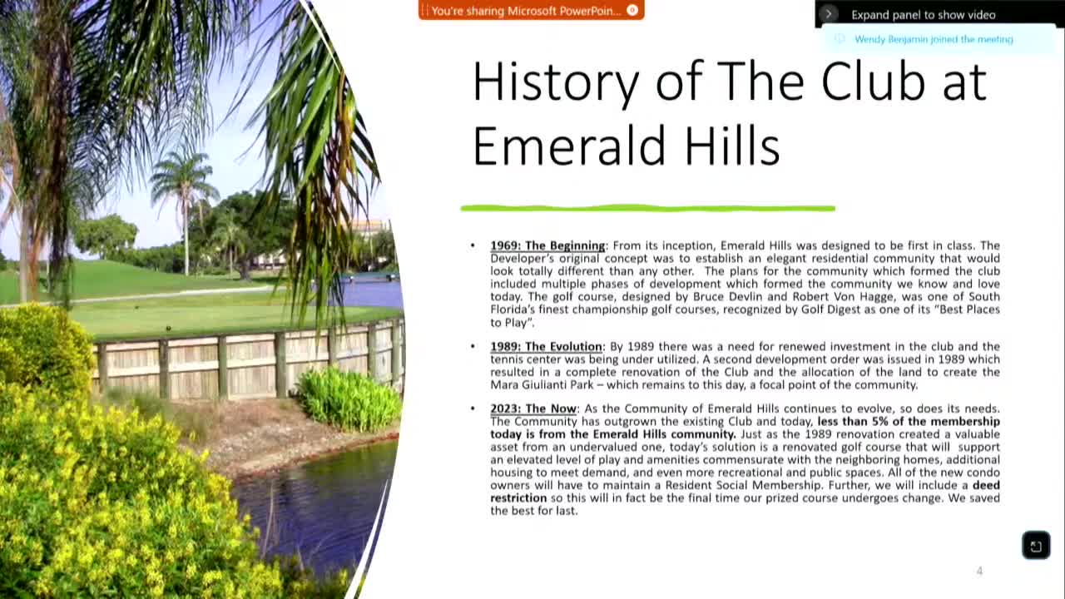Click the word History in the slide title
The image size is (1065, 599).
pyautogui.click(x=555, y=82)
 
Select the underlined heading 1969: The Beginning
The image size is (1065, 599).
pyautogui.click(x=547, y=245)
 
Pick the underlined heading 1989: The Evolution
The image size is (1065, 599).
pyautogui.click(x=546, y=346)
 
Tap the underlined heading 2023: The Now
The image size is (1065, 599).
pyautogui.click(x=532, y=408)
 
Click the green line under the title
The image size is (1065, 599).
pyautogui.click(x=647, y=208)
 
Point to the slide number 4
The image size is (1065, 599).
pyautogui.click(x=979, y=571)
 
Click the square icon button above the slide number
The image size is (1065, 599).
pyautogui.click(x=1036, y=546)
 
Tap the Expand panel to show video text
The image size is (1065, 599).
pyautogui.click(x=923, y=15)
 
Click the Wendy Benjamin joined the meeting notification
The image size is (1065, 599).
pyautogui.click(x=934, y=39)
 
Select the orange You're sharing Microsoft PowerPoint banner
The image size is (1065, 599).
pyautogui.click(x=526, y=11)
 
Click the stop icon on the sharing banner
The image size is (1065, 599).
pyautogui.click(x=632, y=11)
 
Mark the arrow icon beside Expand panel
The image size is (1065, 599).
pyautogui.click(x=828, y=14)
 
